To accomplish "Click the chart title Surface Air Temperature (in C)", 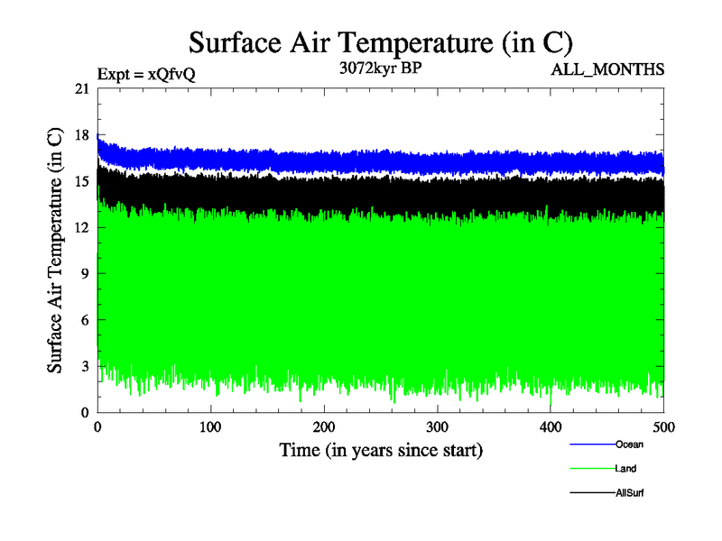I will point(380,41).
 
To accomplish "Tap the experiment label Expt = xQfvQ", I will point(146,74).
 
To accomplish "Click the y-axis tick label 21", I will point(81,88).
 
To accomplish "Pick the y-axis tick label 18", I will point(81,135).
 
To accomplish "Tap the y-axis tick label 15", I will point(81,181).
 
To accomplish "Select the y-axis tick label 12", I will point(81,227).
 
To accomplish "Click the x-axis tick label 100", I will point(211,426).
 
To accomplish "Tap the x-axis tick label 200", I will point(324,426).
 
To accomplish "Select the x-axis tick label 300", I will point(438,426).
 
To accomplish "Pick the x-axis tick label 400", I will point(551,426).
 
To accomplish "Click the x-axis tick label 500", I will point(663,426).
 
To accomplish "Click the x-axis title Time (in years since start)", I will point(381,450).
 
